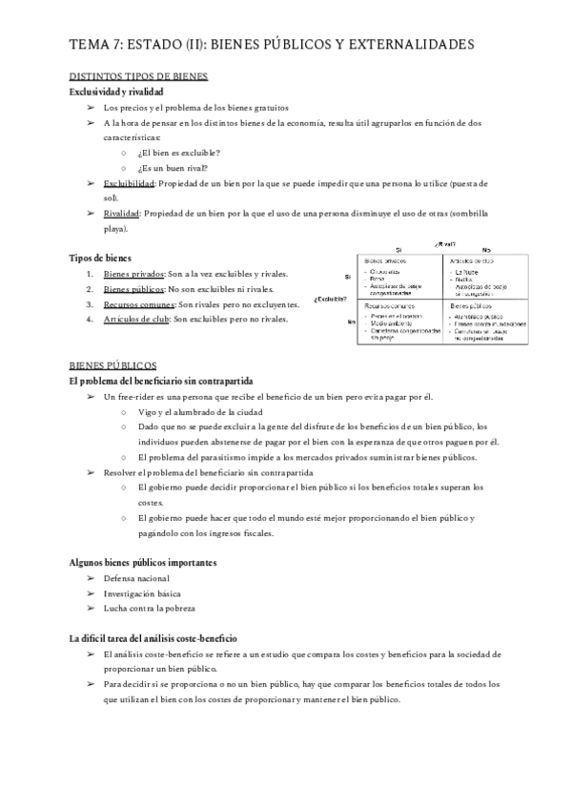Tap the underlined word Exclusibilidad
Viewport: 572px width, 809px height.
[129, 182]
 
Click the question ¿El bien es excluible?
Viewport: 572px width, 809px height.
[179, 153]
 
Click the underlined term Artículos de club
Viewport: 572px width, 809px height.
[135, 320]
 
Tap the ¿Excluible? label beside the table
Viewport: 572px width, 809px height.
[329, 299]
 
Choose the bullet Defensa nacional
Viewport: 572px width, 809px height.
[137, 578]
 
